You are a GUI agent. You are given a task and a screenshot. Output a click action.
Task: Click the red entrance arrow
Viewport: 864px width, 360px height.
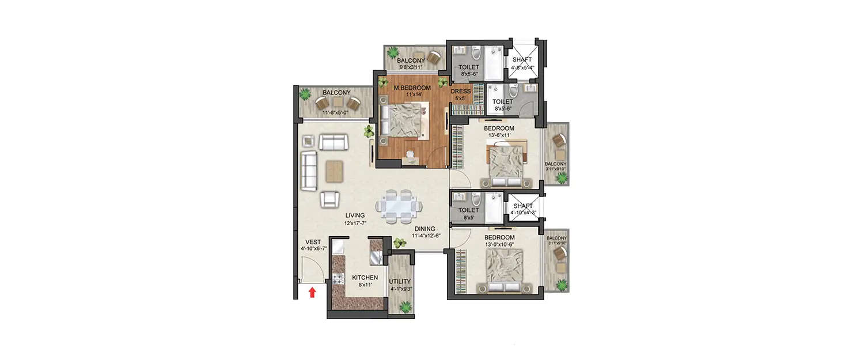click(x=312, y=292)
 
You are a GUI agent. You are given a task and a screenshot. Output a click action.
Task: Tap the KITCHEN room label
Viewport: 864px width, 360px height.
click(x=365, y=278)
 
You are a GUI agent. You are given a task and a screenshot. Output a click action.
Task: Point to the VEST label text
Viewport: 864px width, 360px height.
click(x=313, y=242)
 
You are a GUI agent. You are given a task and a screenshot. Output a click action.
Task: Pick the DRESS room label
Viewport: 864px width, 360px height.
click(x=461, y=92)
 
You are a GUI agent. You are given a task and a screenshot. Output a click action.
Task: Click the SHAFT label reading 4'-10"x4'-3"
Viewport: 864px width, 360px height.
click(x=524, y=213)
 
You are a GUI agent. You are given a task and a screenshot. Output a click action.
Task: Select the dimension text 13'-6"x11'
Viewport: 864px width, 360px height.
click(x=499, y=135)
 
